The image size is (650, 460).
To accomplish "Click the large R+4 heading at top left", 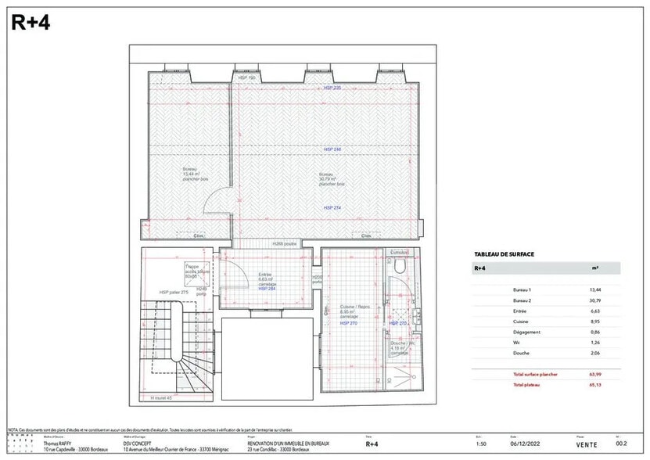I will coord(31,23).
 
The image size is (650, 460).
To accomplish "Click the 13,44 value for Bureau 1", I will coord(594,289).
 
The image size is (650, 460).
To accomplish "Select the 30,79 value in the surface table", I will coord(594,301).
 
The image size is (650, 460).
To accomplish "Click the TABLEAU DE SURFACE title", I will coord(505,254).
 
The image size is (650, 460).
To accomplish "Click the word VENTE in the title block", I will coord(586,444).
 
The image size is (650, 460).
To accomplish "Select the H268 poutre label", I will coord(285,243).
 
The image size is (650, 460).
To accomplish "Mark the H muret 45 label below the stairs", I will coord(162,397).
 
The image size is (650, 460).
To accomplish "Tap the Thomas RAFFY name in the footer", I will coord(57,444).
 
